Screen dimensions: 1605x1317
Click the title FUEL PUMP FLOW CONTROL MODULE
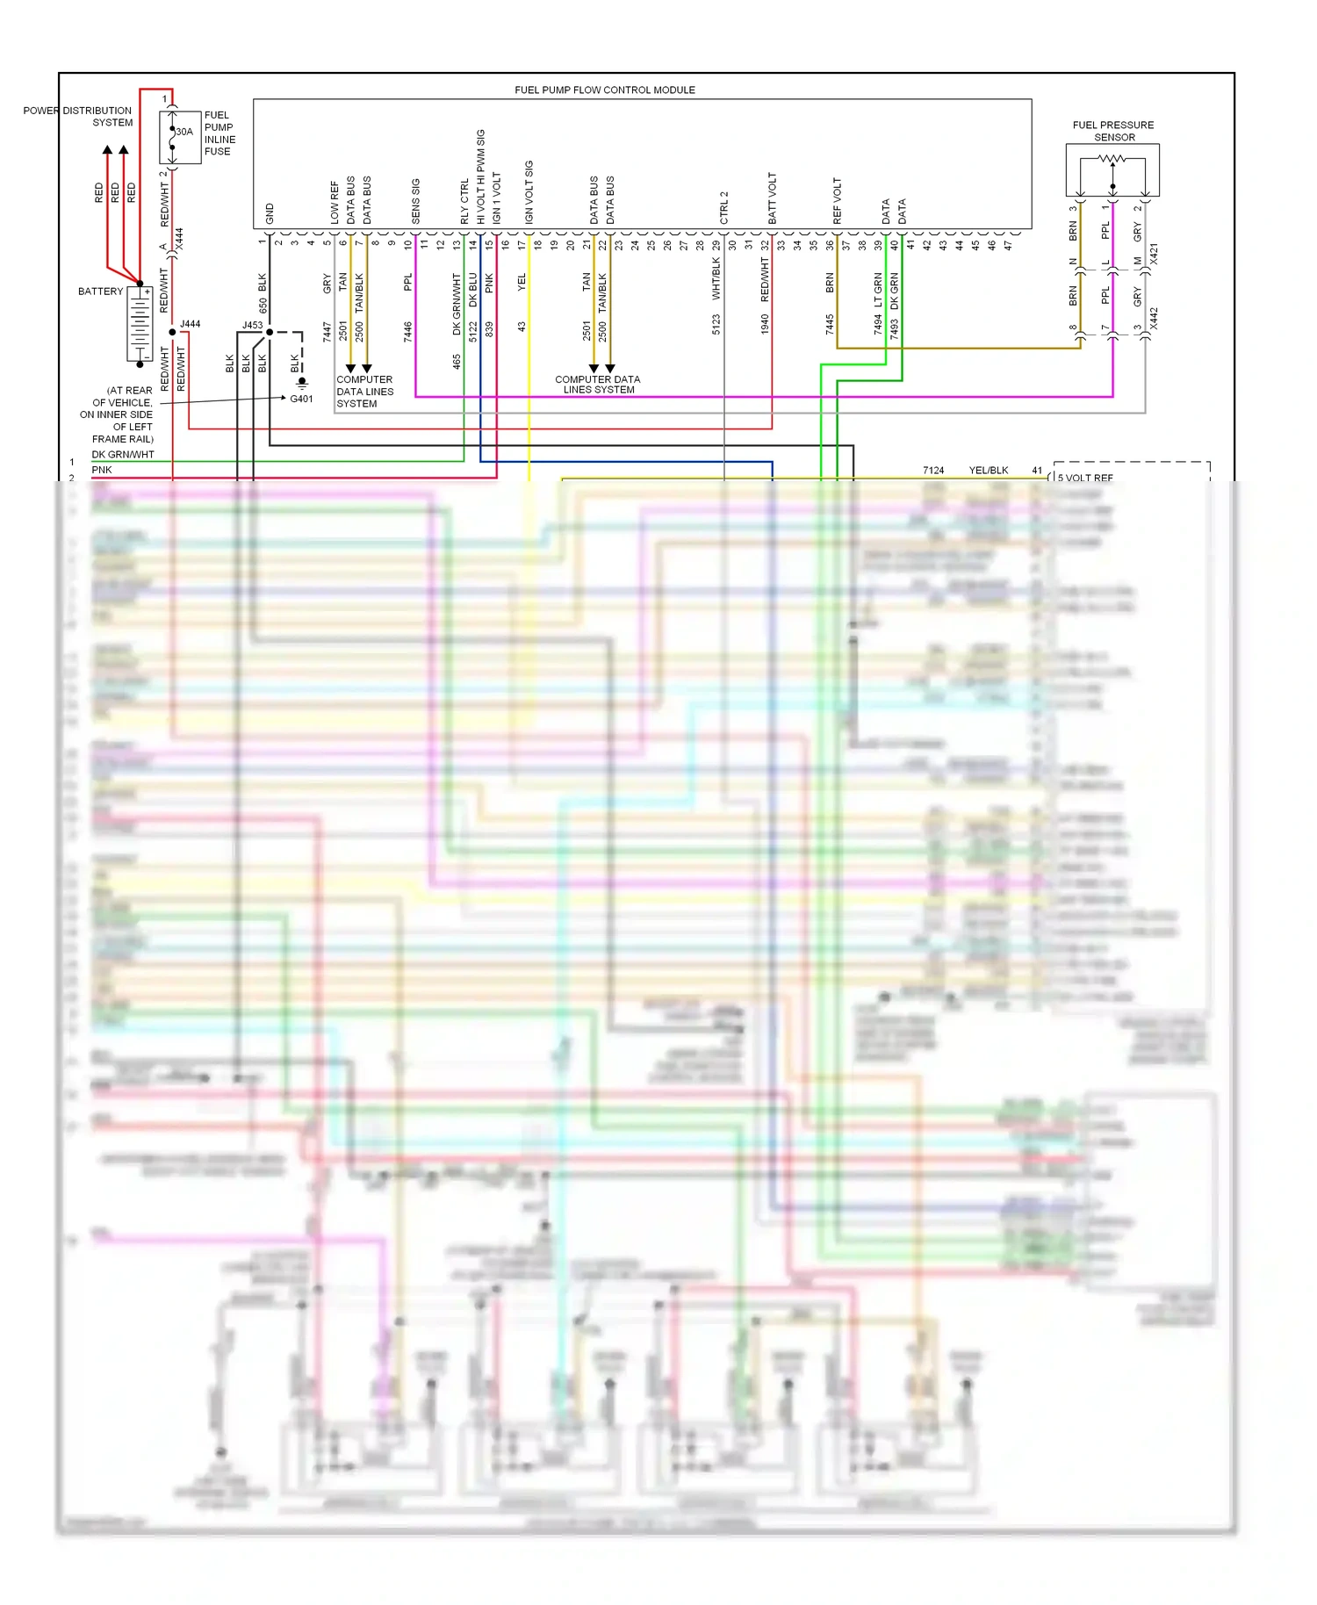(604, 90)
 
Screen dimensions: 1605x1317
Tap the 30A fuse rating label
(184, 132)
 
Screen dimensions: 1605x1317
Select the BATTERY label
(100, 291)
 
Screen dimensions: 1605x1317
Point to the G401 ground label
(301, 399)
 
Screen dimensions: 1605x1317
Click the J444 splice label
(191, 324)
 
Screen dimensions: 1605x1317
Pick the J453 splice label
(252, 325)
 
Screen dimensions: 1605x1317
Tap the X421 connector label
(1154, 254)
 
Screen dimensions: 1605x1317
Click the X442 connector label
(1154, 318)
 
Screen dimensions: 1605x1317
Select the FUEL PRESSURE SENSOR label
(1113, 131)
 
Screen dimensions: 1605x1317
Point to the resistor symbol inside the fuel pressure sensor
(1112, 159)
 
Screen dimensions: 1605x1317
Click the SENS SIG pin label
(415, 201)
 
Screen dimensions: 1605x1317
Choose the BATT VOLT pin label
(773, 198)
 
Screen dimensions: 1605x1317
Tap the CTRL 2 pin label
(724, 207)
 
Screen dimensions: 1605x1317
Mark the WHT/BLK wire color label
(716, 278)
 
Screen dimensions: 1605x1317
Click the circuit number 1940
(765, 324)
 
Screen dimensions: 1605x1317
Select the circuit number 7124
(933, 471)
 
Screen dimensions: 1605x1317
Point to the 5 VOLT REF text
(1085, 478)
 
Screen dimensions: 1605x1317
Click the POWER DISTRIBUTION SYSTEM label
(78, 117)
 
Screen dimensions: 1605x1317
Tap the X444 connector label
(179, 239)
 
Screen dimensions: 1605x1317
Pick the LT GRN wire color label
(878, 290)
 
